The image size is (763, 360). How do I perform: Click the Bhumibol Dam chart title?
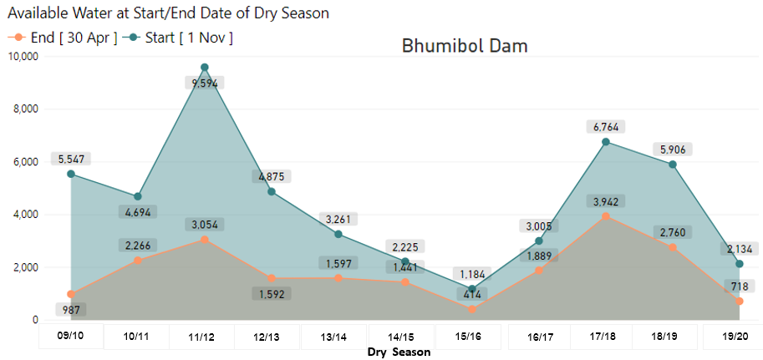click(465, 45)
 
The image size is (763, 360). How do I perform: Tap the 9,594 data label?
click(204, 84)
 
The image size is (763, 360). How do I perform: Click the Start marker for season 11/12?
click(205, 68)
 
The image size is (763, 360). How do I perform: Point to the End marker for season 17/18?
click(606, 216)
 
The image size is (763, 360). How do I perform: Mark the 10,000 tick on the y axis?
click(23, 57)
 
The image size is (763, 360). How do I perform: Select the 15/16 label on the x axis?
click(467, 337)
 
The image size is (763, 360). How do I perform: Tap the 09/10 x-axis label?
click(70, 337)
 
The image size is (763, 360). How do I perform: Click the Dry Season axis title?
click(399, 352)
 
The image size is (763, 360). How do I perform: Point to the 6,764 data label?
click(605, 127)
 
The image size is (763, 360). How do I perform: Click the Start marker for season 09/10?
click(71, 174)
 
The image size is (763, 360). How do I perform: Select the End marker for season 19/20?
click(740, 302)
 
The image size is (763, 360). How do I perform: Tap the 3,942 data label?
click(605, 201)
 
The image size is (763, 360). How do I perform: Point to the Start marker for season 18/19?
click(673, 165)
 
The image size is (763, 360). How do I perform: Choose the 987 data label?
click(70, 311)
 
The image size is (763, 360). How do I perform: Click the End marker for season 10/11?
click(138, 261)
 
